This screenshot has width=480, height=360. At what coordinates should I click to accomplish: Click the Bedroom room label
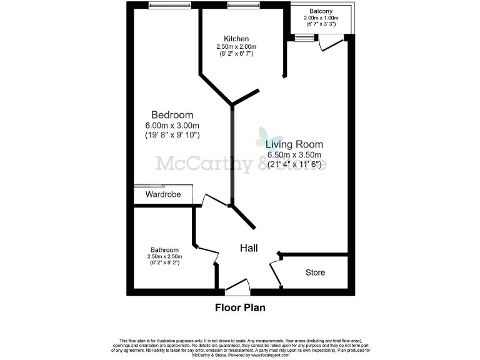[x=172, y=115]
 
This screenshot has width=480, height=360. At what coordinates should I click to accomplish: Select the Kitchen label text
[x=236, y=39]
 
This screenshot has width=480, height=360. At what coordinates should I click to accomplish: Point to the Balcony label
[x=320, y=11]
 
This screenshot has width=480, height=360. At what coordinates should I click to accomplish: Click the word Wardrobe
[x=163, y=195]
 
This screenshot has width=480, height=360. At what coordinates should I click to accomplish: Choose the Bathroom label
[x=164, y=249]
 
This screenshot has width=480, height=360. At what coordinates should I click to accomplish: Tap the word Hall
[x=249, y=248]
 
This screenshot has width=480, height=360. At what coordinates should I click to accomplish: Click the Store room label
[x=315, y=273]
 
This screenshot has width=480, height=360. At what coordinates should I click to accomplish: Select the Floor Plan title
[x=240, y=307]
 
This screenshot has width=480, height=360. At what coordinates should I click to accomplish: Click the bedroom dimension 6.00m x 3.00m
[x=172, y=125]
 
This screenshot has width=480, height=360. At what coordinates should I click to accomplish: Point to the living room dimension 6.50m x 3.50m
[x=293, y=155]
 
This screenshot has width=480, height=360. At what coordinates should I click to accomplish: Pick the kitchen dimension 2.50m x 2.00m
[x=236, y=47]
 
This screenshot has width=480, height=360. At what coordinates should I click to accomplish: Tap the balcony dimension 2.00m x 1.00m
[x=320, y=19]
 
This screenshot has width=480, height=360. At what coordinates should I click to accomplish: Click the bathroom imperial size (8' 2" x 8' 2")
[x=164, y=263]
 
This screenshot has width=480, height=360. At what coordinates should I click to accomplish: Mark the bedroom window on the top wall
[x=170, y=6]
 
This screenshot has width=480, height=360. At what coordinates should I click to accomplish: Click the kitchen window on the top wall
[x=239, y=6]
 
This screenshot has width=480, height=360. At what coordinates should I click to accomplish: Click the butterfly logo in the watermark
[x=262, y=137]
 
